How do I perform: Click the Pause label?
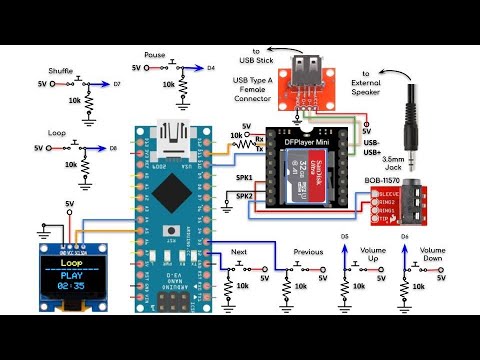(x=155, y=55)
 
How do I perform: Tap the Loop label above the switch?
(x=58, y=132)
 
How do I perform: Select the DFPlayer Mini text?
(x=313, y=144)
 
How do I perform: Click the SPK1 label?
(x=244, y=178)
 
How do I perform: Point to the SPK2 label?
(x=244, y=197)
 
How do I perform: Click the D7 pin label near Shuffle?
(x=117, y=85)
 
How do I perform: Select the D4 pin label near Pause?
(x=211, y=68)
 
